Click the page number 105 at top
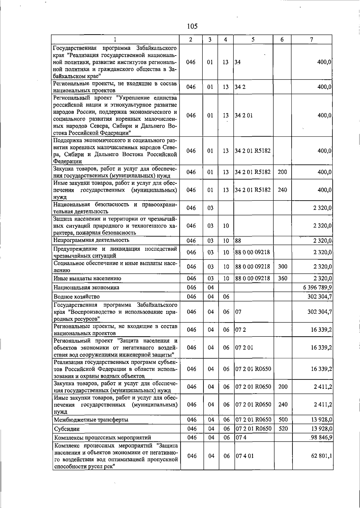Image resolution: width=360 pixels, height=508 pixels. click(192, 26)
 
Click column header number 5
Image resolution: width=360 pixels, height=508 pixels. click(253, 39)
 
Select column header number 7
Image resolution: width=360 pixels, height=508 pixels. click(312, 39)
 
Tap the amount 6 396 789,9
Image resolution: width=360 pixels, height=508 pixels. click(317, 288)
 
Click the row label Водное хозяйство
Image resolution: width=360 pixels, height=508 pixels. click(76, 297)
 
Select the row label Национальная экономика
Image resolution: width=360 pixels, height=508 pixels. click(86, 288)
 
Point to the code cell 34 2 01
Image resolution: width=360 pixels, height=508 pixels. click(244, 116)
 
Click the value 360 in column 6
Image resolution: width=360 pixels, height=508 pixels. click(282, 278)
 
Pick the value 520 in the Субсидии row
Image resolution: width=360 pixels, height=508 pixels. click(283, 429)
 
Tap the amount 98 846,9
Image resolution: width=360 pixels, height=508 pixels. click(321, 437)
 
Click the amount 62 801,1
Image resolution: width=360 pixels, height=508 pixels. click(321, 456)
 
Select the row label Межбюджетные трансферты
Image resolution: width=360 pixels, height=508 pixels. click(91, 420)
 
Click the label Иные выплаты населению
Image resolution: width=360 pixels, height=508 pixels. click(87, 278)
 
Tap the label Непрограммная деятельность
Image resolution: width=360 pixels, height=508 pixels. click(91, 240)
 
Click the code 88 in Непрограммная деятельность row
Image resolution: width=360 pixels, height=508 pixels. click(238, 240)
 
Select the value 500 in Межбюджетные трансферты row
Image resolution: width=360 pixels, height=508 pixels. click(283, 419)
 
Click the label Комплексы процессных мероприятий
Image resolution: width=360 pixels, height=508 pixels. click(102, 437)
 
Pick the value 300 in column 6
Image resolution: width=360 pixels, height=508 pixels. click(282, 267)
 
